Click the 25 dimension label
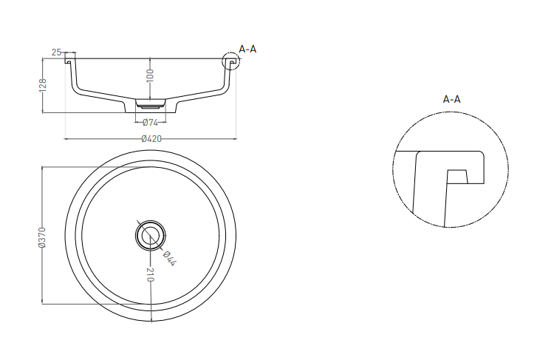click(57, 52)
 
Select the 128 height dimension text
click(43, 86)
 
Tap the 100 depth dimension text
click(150, 75)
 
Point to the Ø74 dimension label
click(150, 123)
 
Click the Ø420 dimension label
click(151, 139)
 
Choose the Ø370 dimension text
click(42, 237)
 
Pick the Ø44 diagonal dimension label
click(169, 258)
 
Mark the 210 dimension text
click(151, 275)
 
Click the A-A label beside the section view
click(247, 49)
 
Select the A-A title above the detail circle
click(452, 99)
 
